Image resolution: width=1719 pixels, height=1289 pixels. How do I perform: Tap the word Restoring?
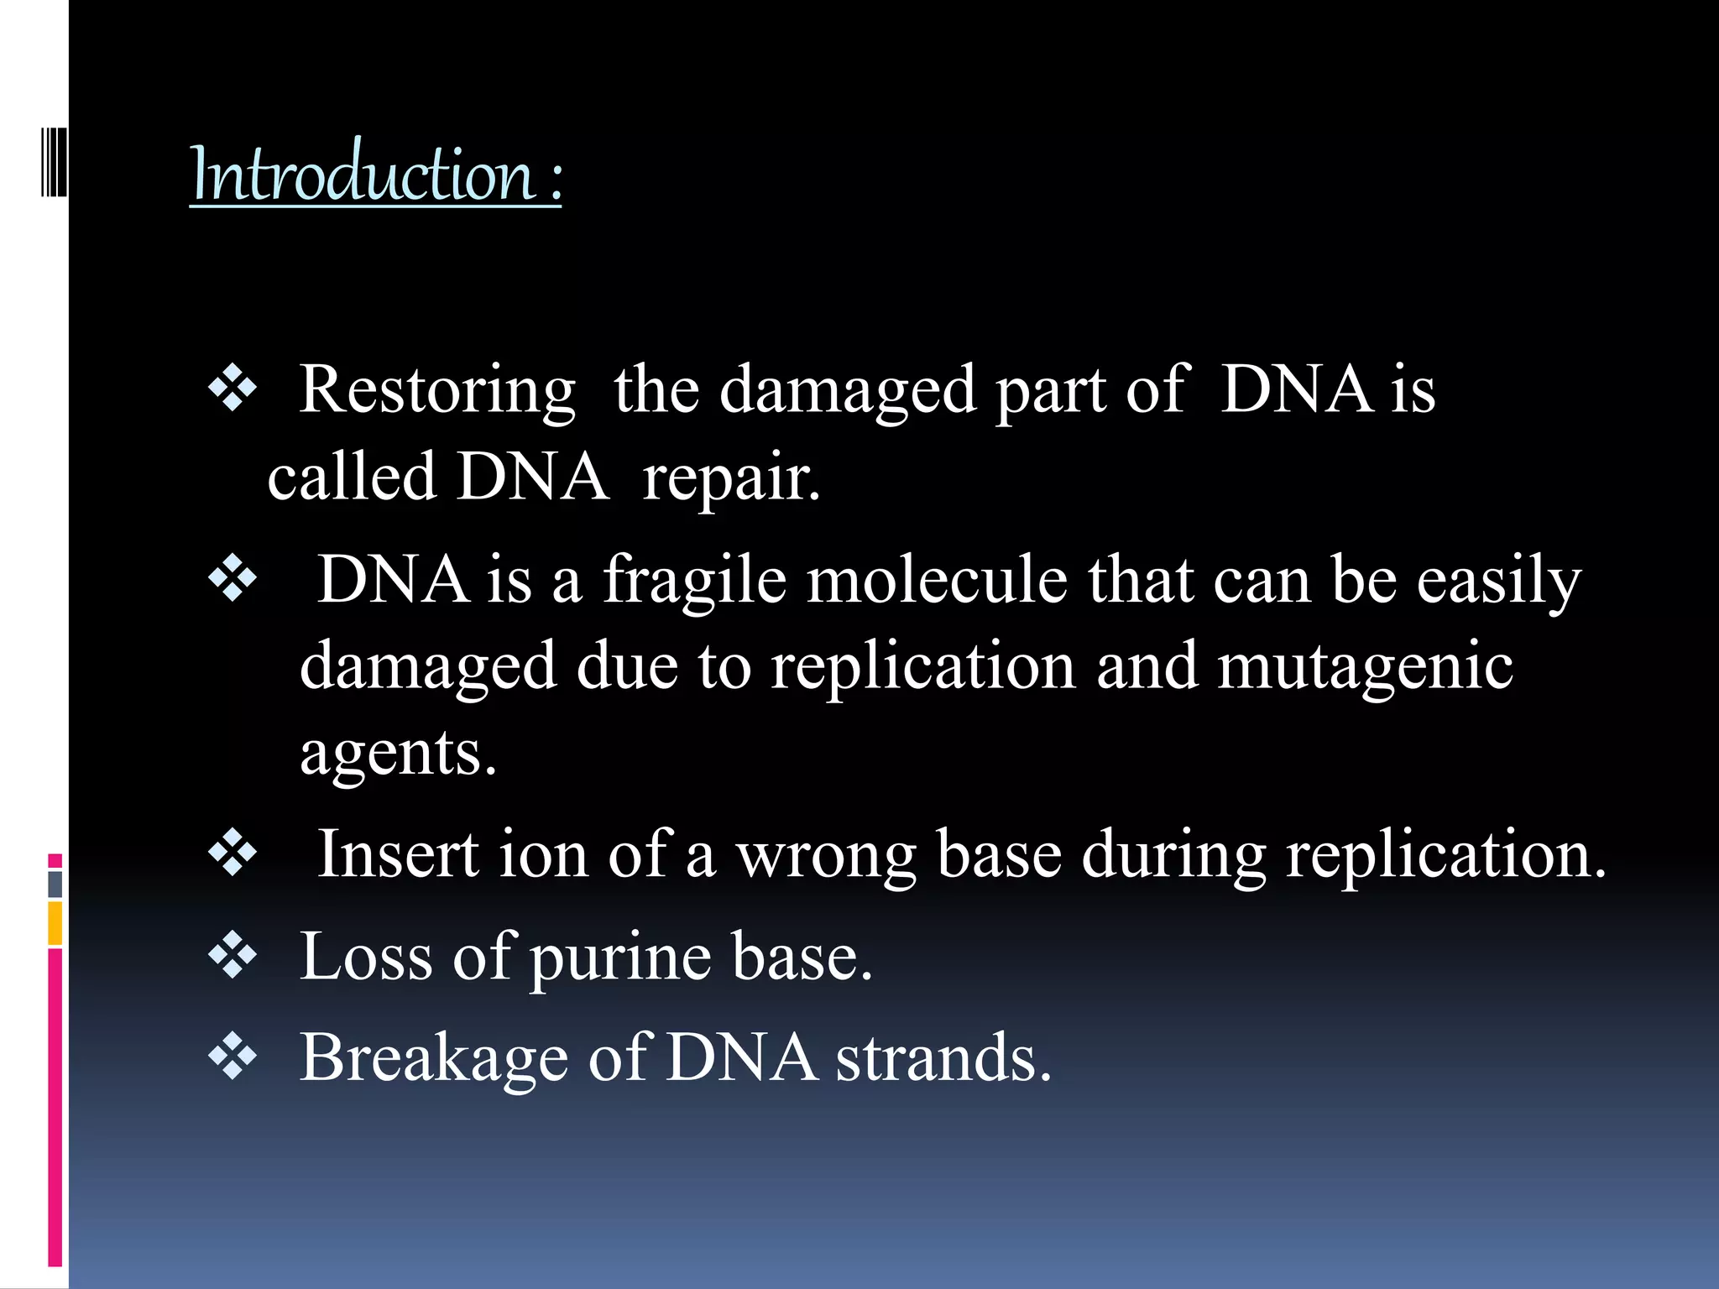click(x=437, y=390)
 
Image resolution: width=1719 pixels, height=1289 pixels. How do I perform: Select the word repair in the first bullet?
click(x=729, y=478)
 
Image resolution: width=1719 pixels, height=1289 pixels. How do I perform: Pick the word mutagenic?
click(x=1365, y=666)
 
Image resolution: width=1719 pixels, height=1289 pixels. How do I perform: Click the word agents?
click(x=398, y=753)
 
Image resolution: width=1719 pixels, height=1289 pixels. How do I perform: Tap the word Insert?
click(x=398, y=854)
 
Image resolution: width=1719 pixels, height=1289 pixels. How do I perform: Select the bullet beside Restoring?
click(x=233, y=389)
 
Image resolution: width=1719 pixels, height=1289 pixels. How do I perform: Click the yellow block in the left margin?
click(x=55, y=923)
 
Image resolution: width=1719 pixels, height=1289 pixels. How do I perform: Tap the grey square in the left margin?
click(x=55, y=884)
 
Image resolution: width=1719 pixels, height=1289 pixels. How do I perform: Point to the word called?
click(x=352, y=478)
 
